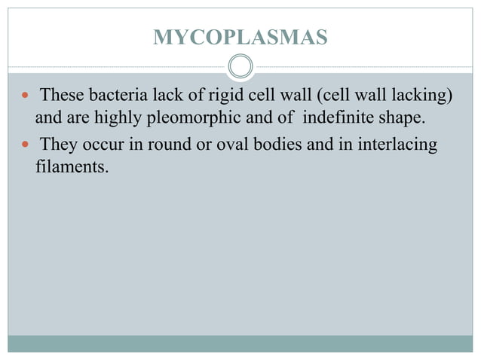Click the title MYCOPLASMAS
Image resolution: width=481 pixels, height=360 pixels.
pos(240,37)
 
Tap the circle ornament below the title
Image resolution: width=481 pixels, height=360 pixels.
pos(240,66)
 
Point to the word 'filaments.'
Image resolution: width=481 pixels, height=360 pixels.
pos(72,166)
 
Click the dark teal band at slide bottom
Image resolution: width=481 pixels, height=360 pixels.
pos(240,344)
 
